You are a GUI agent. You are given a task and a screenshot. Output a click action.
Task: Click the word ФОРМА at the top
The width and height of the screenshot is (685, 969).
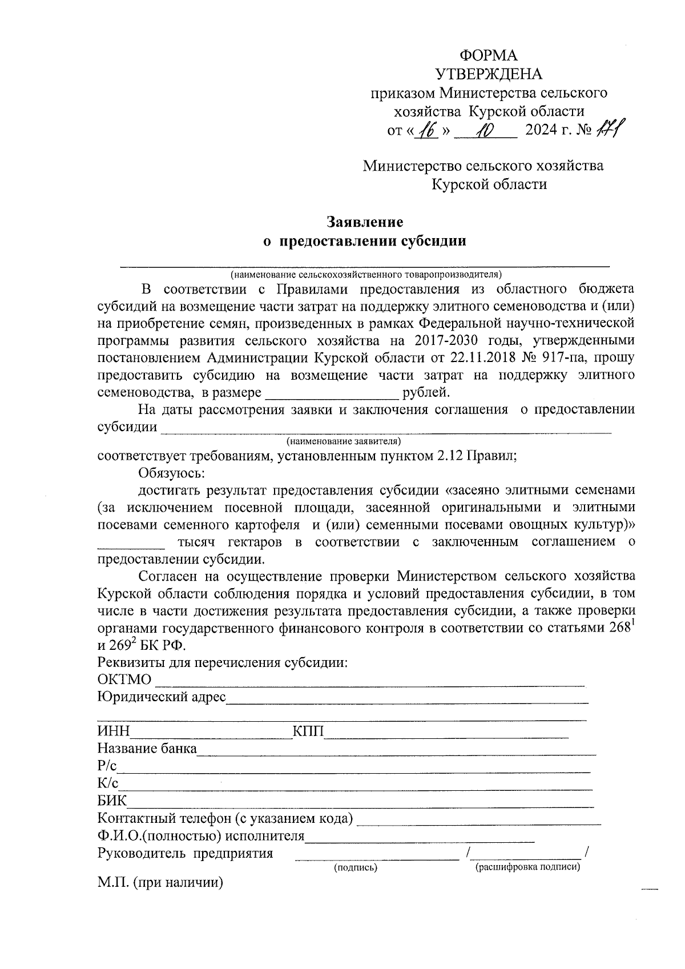489,55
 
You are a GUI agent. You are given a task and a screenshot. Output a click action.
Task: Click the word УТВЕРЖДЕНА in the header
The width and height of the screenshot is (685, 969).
489,74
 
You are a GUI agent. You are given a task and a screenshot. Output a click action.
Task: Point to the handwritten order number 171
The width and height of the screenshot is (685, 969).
609,130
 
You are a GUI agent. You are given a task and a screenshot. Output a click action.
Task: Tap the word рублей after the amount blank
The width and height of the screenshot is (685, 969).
426,393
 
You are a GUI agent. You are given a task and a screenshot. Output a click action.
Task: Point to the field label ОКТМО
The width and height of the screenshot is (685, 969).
124,679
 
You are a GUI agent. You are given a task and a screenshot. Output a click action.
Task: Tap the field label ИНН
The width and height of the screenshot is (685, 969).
114,732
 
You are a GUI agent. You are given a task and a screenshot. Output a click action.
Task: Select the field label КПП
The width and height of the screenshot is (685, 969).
308,732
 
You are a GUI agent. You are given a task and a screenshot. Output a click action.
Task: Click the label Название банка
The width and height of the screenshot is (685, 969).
147,749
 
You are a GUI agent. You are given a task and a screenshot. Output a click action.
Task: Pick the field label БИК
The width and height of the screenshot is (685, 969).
112,801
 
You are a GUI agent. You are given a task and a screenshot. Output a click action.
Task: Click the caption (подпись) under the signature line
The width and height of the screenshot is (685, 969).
356,867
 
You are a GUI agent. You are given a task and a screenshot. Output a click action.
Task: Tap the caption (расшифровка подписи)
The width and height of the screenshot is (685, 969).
527,867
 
